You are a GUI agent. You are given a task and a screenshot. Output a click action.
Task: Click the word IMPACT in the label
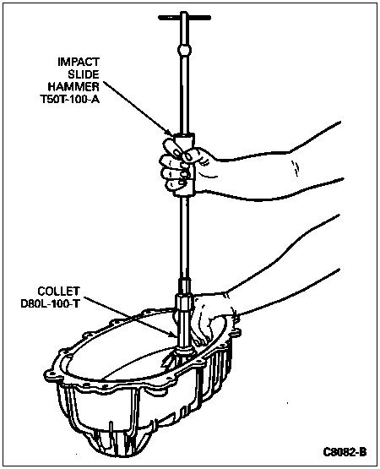click(x=79, y=62)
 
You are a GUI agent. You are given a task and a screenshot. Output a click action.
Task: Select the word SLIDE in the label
click(x=84, y=74)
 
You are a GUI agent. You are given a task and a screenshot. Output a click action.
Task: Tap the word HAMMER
click(x=73, y=87)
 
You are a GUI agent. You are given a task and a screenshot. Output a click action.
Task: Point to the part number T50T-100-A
click(x=69, y=100)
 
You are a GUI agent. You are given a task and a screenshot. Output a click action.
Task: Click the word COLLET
click(x=58, y=291)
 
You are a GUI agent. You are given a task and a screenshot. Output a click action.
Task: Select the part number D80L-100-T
click(x=50, y=303)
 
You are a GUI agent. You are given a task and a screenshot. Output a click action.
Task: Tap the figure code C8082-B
click(x=345, y=452)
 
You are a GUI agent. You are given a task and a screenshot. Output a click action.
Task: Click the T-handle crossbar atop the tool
click(x=184, y=18)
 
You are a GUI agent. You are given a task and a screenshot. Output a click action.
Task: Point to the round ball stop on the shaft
click(x=184, y=50)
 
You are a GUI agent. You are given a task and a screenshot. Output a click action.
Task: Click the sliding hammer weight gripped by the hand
click(x=185, y=165)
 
